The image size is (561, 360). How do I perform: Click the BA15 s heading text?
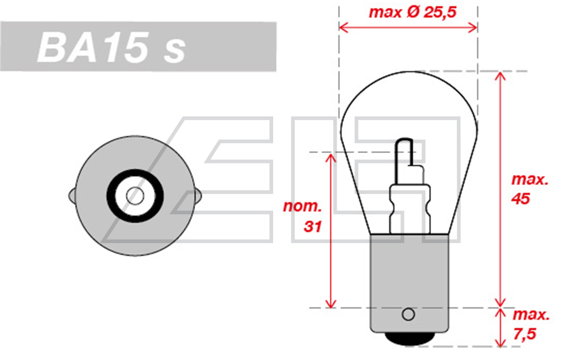(x=112, y=48)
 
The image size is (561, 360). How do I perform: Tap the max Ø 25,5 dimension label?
(x=412, y=12)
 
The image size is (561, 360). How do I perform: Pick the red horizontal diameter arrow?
(x=408, y=27)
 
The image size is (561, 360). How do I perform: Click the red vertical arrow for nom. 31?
(x=331, y=230)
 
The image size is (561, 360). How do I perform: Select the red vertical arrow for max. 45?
(x=500, y=188)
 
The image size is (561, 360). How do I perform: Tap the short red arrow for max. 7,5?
(x=500, y=327)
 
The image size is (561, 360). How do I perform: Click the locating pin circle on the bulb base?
(x=408, y=314)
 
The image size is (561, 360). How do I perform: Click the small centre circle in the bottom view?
(x=135, y=196)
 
